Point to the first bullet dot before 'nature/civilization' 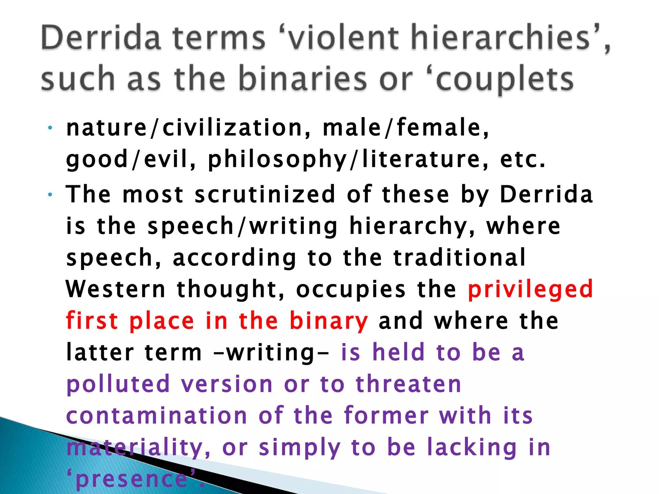point(50,128)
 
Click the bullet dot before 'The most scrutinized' point(50,195)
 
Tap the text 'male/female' point(405,128)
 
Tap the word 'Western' point(116,289)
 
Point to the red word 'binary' point(329,321)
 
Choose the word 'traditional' point(460,258)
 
